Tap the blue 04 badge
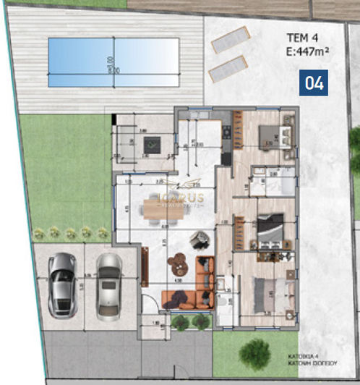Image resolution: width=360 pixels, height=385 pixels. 314,82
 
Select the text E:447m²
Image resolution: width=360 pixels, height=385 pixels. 309,51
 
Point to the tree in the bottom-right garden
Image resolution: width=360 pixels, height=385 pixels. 255,354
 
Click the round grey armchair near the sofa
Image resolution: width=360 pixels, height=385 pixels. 196,238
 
